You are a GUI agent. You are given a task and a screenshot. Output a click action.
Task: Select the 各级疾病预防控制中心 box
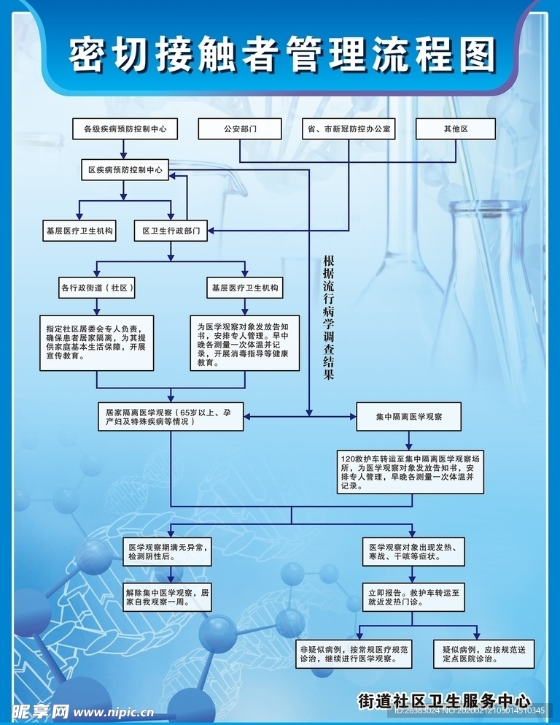[125, 128]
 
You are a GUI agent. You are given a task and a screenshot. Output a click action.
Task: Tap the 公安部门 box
[240, 128]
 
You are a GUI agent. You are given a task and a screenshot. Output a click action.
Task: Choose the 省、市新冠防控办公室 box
[349, 128]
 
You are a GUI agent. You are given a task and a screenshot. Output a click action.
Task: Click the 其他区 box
[455, 128]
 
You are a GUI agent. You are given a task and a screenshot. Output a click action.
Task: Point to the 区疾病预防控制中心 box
[125, 170]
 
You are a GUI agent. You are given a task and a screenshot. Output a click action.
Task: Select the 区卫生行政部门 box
[171, 231]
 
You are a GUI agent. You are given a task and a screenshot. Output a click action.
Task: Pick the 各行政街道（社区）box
[98, 288]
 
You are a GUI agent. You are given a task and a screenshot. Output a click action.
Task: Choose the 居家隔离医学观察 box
[171, 416]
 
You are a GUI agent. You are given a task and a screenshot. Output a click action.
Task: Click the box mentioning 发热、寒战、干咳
[413, 551]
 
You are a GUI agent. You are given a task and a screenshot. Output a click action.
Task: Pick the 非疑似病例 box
[355, 653]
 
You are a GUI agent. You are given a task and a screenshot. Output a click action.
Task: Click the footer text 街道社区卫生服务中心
[444, 699]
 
